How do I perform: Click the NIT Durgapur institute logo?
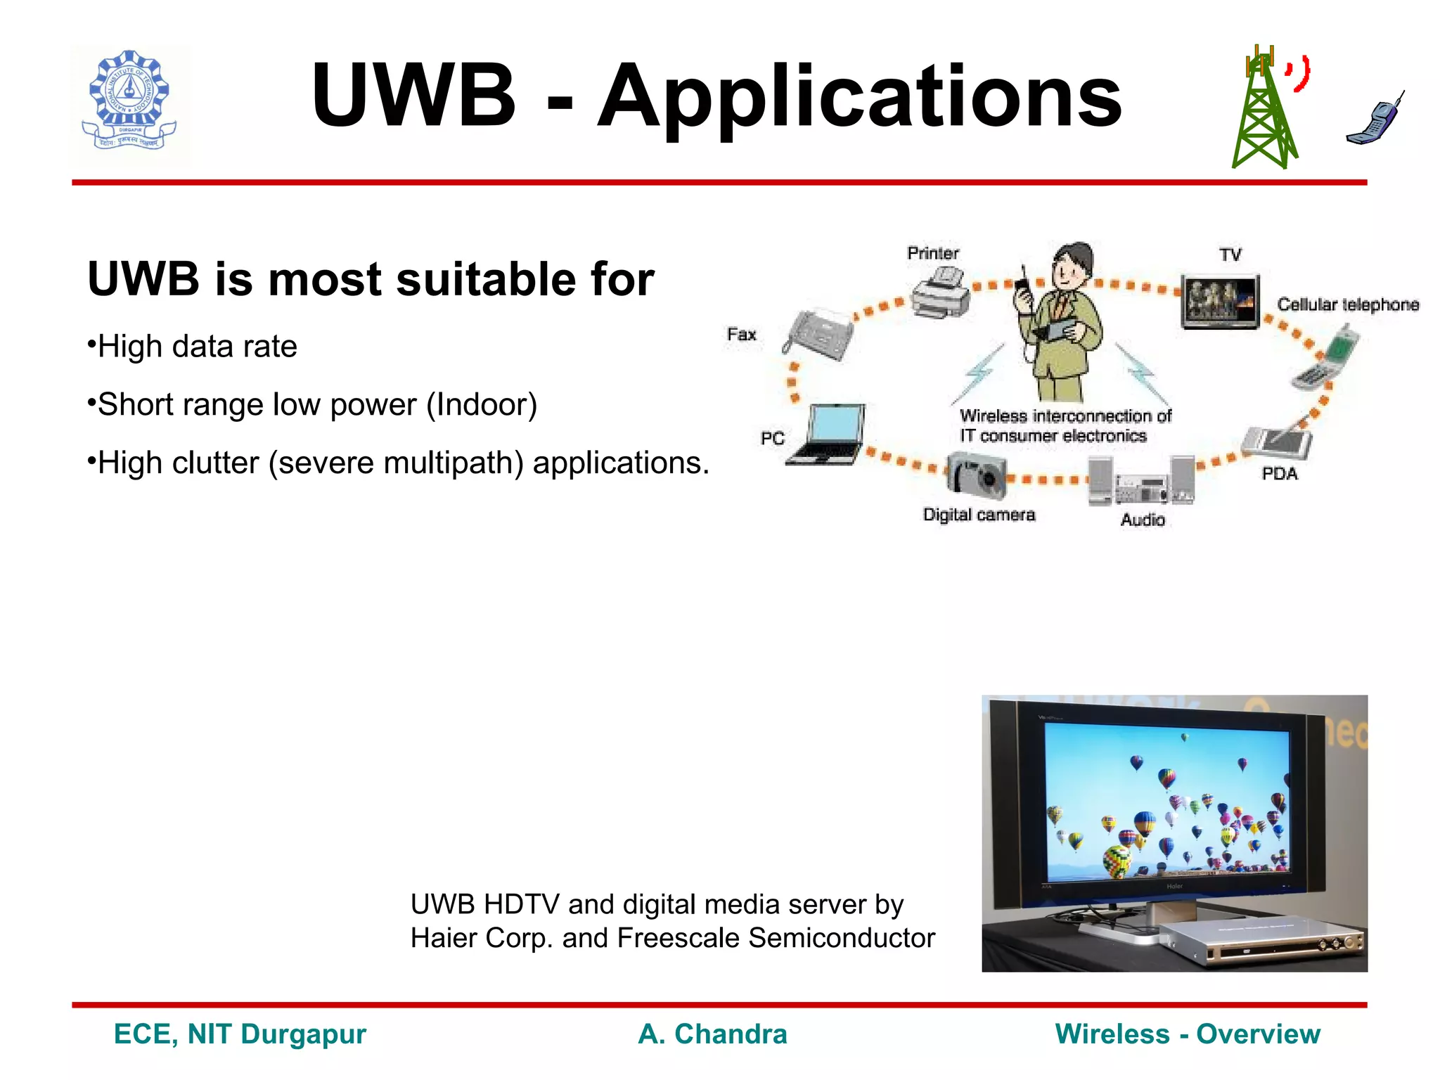130,104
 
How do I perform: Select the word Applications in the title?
859,96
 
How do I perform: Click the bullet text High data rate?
197,347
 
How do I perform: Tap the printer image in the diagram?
941,295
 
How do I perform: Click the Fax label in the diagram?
741,335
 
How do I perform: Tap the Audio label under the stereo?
1143,520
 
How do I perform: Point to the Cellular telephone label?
1347,305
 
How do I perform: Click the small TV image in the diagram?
1220,302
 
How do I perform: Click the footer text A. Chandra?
712,1034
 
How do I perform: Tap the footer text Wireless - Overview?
1188,1034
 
